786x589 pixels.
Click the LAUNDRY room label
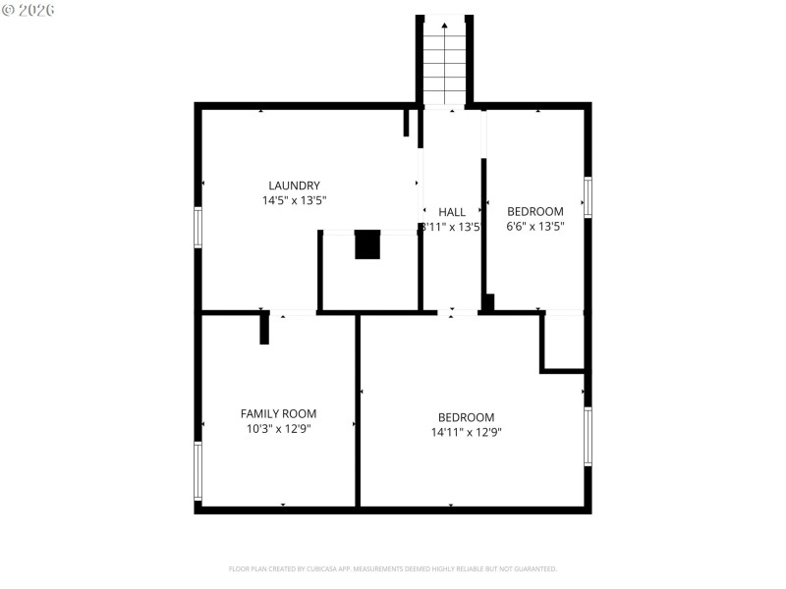coord(294,186)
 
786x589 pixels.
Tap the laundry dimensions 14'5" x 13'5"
coord(294,200)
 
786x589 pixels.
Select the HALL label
coord(452,212)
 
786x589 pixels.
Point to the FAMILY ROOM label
coord(278,413)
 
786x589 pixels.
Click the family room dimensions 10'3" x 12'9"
coord(278,428)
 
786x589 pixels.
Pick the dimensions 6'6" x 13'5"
coord(534,226)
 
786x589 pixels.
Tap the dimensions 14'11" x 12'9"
coord(466,432)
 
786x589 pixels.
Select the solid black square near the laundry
coord(367,244)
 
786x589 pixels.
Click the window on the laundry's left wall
coord(197,227)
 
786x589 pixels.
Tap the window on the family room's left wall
coord(197,470)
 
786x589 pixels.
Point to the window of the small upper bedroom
coord(588,196)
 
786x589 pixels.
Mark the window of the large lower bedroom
coord(588,436)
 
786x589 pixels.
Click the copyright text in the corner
coord(28,9)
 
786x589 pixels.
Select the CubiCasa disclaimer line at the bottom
coord(393,568)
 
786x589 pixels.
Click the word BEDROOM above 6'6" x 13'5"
coord(534,211)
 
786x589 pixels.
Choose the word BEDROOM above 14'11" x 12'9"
coord(466,417)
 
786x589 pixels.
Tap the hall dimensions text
coord(451,227)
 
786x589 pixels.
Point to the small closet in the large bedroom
coord(564,341)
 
